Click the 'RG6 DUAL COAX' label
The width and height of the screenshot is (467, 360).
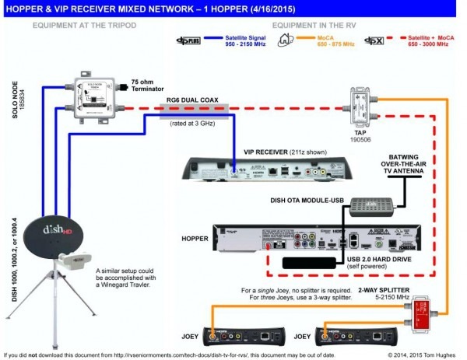click(x=195, y=100)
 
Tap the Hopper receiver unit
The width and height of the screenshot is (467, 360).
click(x=297, y=237)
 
